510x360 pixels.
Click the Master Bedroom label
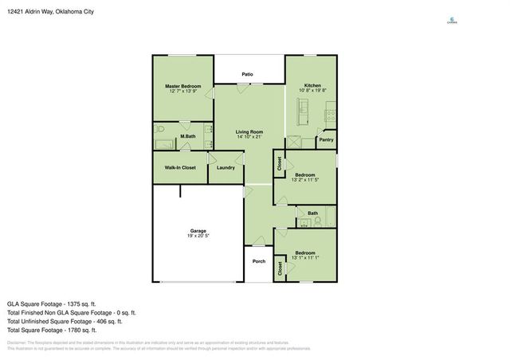point(182,86)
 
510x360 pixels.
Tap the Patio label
point(248,74)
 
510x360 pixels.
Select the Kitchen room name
point(312,86)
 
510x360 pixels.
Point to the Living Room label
point(249,131)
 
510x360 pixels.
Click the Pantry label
point(326,140)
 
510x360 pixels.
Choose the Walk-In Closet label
point(180,167)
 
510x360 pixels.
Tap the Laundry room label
point(225,167)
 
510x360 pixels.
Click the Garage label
point(198,231)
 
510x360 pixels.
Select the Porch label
point(258,261)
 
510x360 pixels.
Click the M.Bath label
point(188,136)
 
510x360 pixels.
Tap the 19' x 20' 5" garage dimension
point(198,237)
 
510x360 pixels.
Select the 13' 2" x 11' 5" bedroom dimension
point(304,180)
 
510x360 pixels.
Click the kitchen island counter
point(303,115)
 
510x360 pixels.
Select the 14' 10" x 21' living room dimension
point(249,137)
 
